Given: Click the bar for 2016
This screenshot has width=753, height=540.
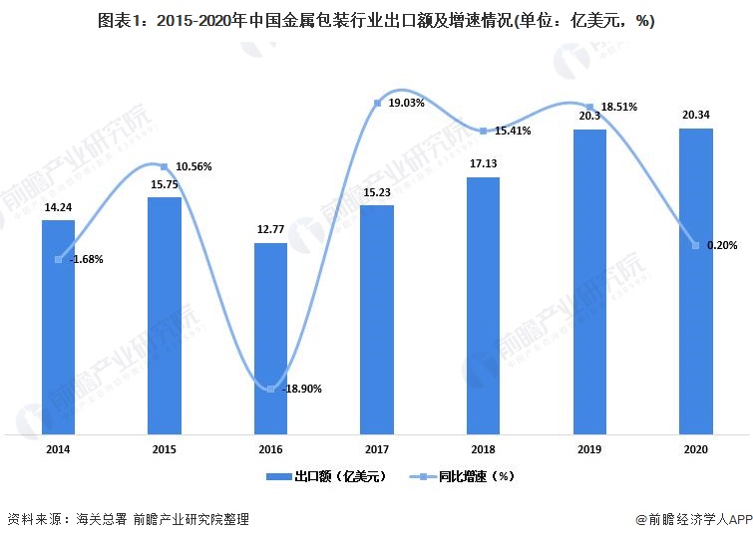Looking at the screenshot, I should pyautogui.click(x=270, y=339).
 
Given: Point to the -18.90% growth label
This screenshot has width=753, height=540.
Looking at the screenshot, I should pyautogui.click(x=300, y=389).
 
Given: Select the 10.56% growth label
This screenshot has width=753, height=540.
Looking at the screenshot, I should pyautogui.click(x=192, y=165).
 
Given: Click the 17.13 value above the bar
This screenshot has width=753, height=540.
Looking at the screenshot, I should pyautogui.click(x=483, y=164).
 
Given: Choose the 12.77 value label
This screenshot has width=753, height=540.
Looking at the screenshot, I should pyautogui.click(x=270, y=230).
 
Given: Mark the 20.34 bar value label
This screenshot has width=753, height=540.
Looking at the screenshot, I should pyautogui.click(x=695, y=116).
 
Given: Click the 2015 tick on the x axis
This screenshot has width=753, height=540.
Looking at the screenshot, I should pyautogui.click(x=165, y=450).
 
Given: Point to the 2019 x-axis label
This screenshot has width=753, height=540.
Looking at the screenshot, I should pyautogui.click(x=589, y=450).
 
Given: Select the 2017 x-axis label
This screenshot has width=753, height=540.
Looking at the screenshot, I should pyautogui.click(x=377, y=450).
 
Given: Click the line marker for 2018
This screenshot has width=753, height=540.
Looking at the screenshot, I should pyautogui.click(x=483, y=132).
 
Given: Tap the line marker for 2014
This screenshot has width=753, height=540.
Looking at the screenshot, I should pyautogui.click(x=59, y=259).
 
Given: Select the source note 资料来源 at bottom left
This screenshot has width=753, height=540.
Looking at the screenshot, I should pyautogui.click(x=127, y=519).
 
